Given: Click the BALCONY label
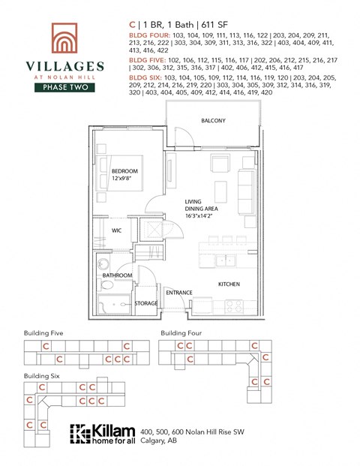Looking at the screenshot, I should pos(213,121).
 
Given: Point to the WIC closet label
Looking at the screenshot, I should pos(117,230).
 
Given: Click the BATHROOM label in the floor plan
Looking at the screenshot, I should pos(118,275).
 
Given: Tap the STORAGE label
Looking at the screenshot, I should pos(146,303).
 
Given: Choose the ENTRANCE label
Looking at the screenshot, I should pos(179,293).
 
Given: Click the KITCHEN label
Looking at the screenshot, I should pos(229,284).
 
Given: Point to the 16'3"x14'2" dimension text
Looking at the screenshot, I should pos(200,216).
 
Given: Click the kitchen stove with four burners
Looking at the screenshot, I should pos(233,305).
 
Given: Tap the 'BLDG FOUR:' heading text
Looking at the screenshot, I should pos(149,35).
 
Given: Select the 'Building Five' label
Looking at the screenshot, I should pos(43,332).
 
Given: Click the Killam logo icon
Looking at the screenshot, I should pos(79,434).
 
